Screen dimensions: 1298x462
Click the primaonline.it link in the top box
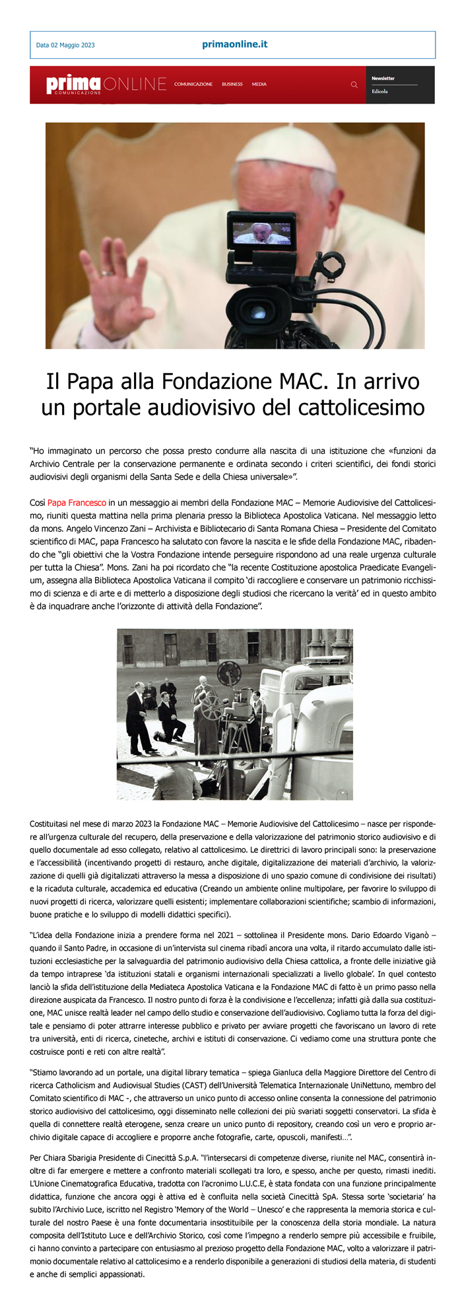tap(234, 44)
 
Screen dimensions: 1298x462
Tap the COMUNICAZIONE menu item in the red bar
tap(193, 85)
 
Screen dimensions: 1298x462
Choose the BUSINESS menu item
tap(232, 85)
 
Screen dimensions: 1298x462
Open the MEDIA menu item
tap(259, 85)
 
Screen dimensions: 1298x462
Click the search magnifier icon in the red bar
tap(354, 85)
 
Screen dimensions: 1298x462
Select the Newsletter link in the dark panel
tap(383, 79)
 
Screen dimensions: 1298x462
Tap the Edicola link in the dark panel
tap(379, 92)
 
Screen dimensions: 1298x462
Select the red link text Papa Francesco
tap(77, 503)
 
